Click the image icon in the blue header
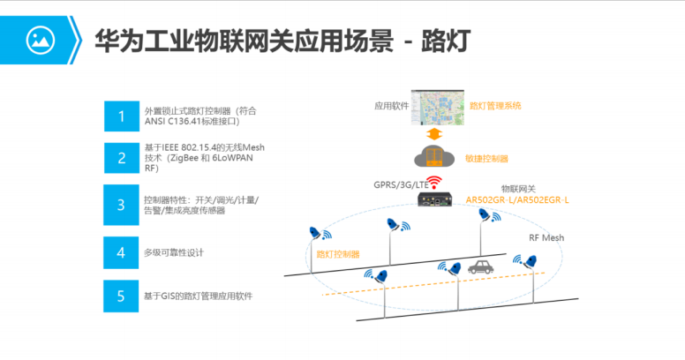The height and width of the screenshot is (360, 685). click(39, 39)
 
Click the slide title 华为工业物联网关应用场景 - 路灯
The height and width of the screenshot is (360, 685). click(282, 40)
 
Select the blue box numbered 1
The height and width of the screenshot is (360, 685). click(120, 116)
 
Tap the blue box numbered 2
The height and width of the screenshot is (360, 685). click(120, 159)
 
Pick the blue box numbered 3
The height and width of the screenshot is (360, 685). click(120, 206)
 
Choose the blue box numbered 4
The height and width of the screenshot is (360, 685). click(120, 252)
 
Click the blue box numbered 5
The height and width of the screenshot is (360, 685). click(120, 296)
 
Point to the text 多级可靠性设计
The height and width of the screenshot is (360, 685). click(174, 253)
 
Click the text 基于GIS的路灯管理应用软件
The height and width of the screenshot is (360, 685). click(198, 296)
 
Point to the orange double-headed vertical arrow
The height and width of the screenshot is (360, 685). click(433, 134)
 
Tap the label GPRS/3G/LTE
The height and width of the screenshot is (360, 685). click(402, 185)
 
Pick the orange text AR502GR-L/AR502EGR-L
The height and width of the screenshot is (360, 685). click(516, 200)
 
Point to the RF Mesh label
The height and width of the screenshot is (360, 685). click(546, 238)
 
